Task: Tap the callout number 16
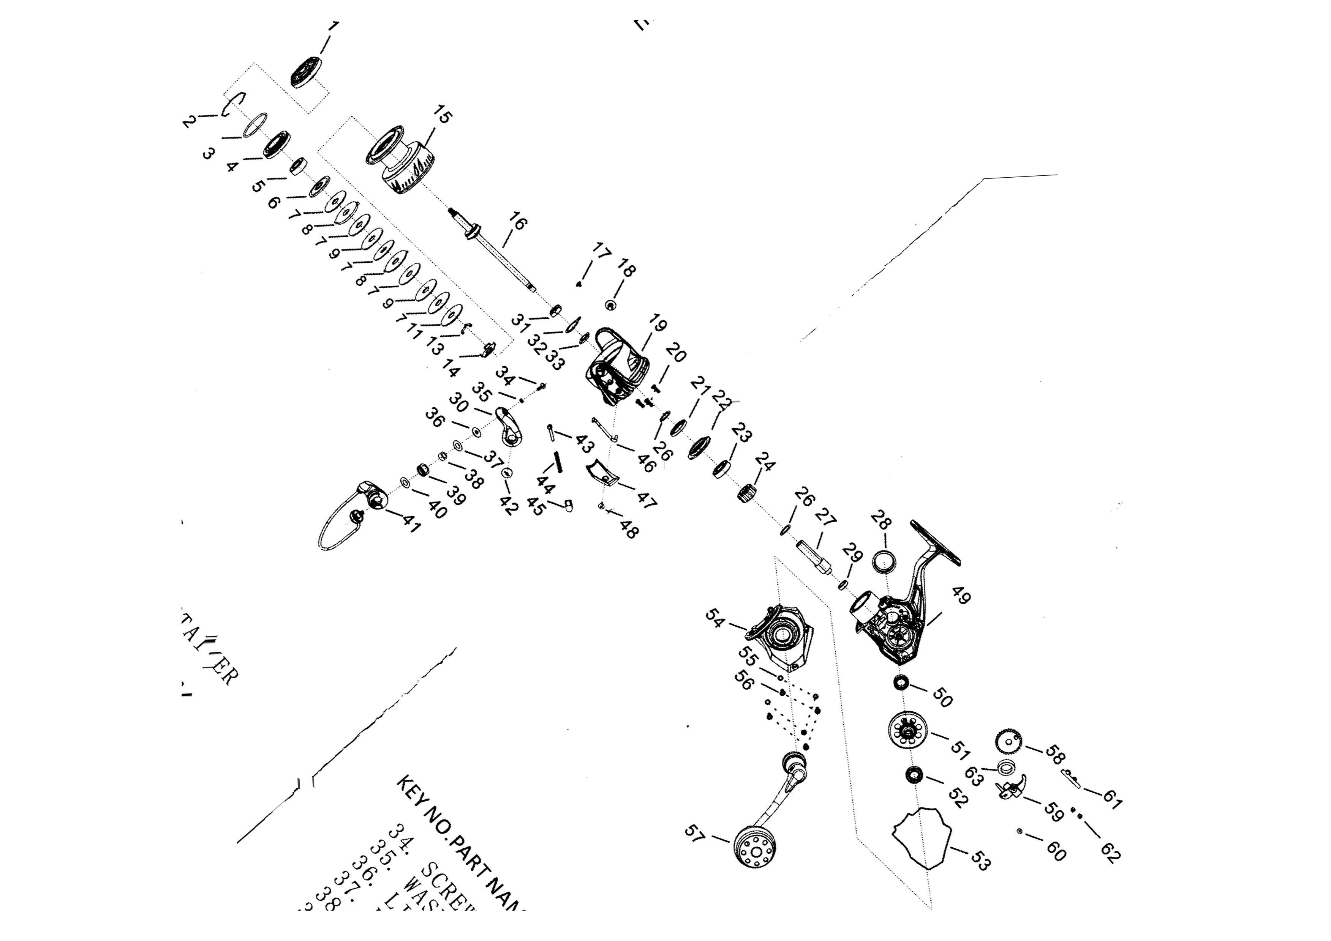click(x=518, y=221)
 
